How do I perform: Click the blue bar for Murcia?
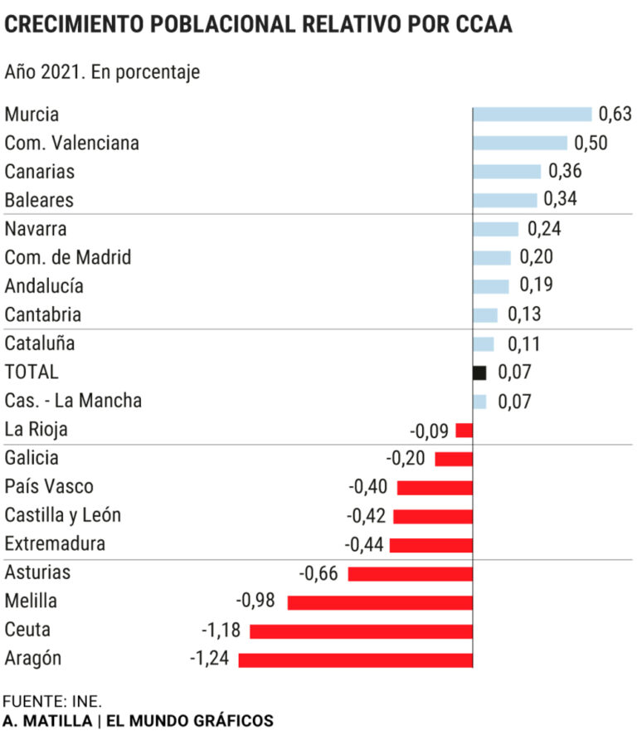(x=532, y=114)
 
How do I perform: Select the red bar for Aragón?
(x=355, y=660)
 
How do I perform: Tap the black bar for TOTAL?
(x=479, y=372)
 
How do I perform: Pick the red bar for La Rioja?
(x=464, y=431)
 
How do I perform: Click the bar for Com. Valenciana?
(x=519, y=143)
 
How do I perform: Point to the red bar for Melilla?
(x=380, y=602)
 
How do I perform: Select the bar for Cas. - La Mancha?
(x=479, y=402)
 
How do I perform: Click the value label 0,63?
(x=615, y=114)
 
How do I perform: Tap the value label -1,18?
(x=221, y=631)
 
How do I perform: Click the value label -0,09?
(x=430, y=431)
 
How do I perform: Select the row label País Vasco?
(x=49, y=487)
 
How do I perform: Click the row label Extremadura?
(x=55, y=544)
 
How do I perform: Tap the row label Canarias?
(x=40, y=172)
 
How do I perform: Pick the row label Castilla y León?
(x=63, y=515)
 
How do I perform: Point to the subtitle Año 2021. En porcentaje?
(x=102, y=72)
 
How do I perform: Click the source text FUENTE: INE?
(x=52, y=700)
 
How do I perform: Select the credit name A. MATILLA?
(x=47, y=721)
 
